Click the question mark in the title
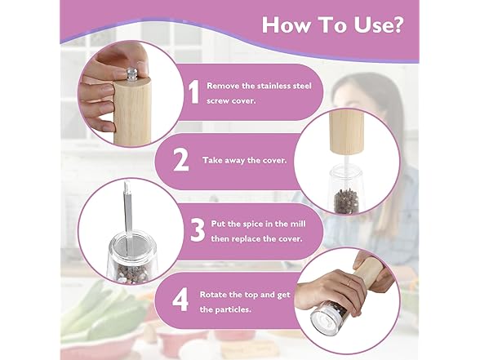tap(394, 24)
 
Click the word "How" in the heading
tap(285, 24)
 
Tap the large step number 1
tap(193, 91)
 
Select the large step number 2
tap(180, 160)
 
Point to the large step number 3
tap(198, 230)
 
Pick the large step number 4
tap(180, 301)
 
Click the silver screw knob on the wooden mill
tap(131, 74)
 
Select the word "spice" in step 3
tap(252, 224)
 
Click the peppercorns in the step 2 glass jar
tap(346, 202)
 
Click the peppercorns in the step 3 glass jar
tap(131, 272)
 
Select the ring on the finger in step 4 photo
tap(348, 283)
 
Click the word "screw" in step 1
tap(217, 101)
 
